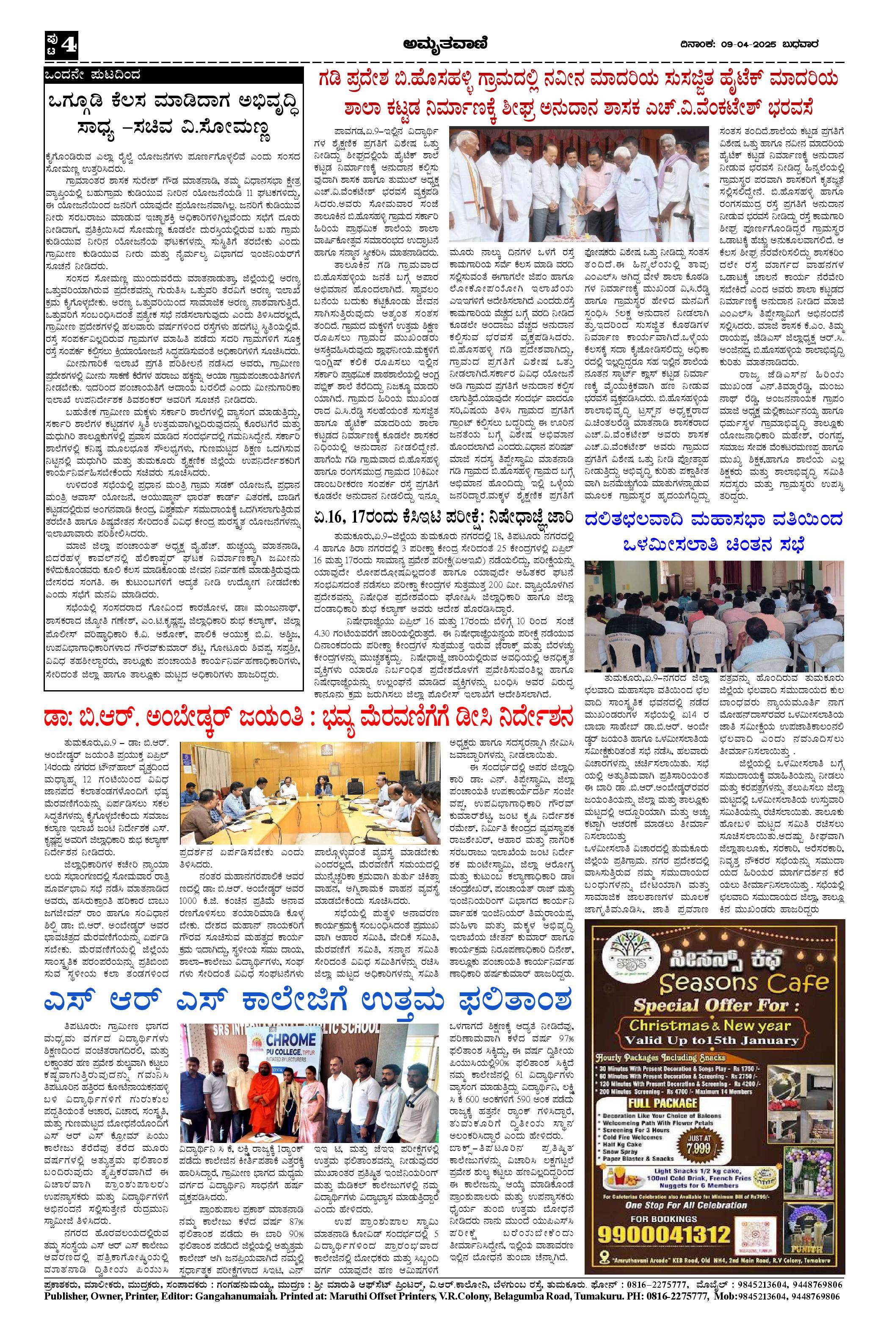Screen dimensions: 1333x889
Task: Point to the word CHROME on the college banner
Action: pyautogui.click(x=282, y=1041)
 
